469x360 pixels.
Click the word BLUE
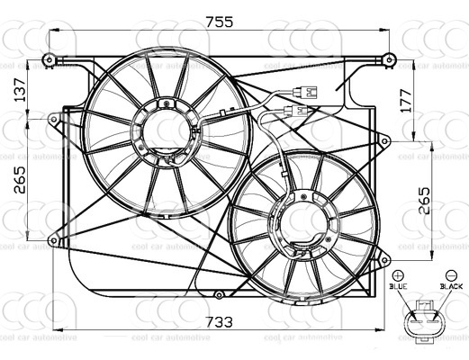[x=399, y=285]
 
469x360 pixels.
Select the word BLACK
[x=450, y=285]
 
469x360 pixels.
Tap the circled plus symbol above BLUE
[x=399, y=273]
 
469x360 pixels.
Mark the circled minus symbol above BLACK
[x=451, y=273]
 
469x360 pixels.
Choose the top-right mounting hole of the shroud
[x=389, y=60]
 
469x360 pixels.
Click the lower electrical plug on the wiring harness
[x=294, y=111]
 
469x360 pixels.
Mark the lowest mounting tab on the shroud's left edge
[x=55, y=239]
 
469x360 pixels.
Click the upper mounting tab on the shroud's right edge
[x=384, y=140]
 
